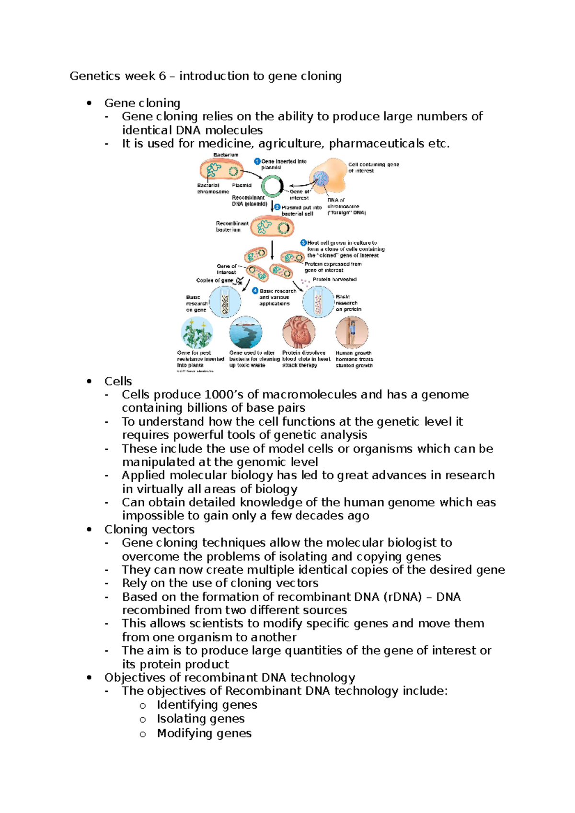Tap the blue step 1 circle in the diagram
(257, 161)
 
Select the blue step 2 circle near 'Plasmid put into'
(277, 207)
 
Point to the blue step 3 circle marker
(303, 243)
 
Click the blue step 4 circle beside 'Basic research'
(255, 291)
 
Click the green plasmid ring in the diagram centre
(272, 186)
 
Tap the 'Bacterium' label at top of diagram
(226, 155)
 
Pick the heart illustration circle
(299, 331)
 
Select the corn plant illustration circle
(197, 332)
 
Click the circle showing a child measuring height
(352, 331)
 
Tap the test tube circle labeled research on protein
(318, 302)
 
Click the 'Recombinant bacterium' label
(232, 226)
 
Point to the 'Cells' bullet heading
(118, 381)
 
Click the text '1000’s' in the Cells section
(223, 395)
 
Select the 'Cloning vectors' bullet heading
(149, 529)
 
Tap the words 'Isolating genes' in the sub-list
(200, 719)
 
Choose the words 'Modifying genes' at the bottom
(204, 733)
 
